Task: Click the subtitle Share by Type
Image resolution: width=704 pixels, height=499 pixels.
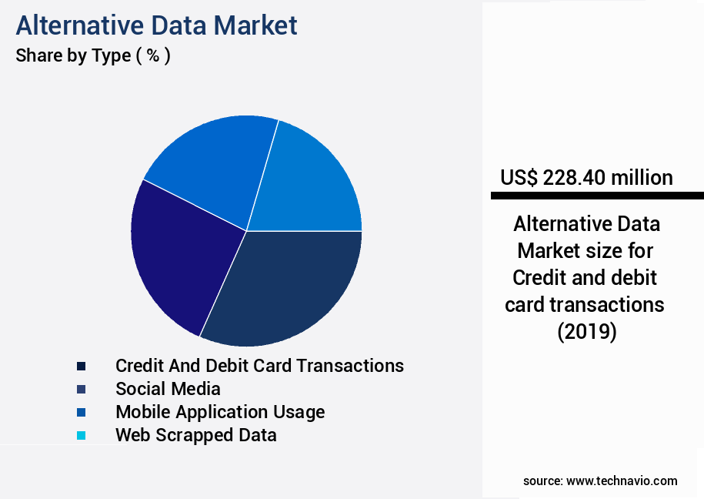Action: (x=73, y=55)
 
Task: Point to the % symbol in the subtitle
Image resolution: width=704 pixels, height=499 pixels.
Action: (x=152, y=55)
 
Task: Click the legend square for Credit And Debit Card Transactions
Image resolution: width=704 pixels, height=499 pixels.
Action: (x=81, y=366)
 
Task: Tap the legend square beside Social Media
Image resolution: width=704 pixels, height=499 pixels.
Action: (x=81, y=389)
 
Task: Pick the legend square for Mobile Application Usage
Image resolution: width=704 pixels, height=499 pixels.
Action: (x=81, y=412)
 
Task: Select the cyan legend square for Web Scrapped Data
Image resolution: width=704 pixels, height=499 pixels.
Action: (x=81, y=435)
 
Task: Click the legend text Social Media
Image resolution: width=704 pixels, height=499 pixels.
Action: (x=168, y=389)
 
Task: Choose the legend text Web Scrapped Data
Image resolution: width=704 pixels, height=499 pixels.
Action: (x=195, y=435)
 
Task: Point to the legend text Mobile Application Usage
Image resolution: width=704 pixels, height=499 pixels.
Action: (x=220, y=412)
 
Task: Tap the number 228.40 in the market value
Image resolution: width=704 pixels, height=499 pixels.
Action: (x=574, y=178)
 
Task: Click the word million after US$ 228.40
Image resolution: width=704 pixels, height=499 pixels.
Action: (x=642, y=178)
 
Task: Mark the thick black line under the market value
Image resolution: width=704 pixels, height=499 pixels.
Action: (x=597, y=196)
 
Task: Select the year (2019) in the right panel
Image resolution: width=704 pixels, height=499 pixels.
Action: (x=586, y=332)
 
